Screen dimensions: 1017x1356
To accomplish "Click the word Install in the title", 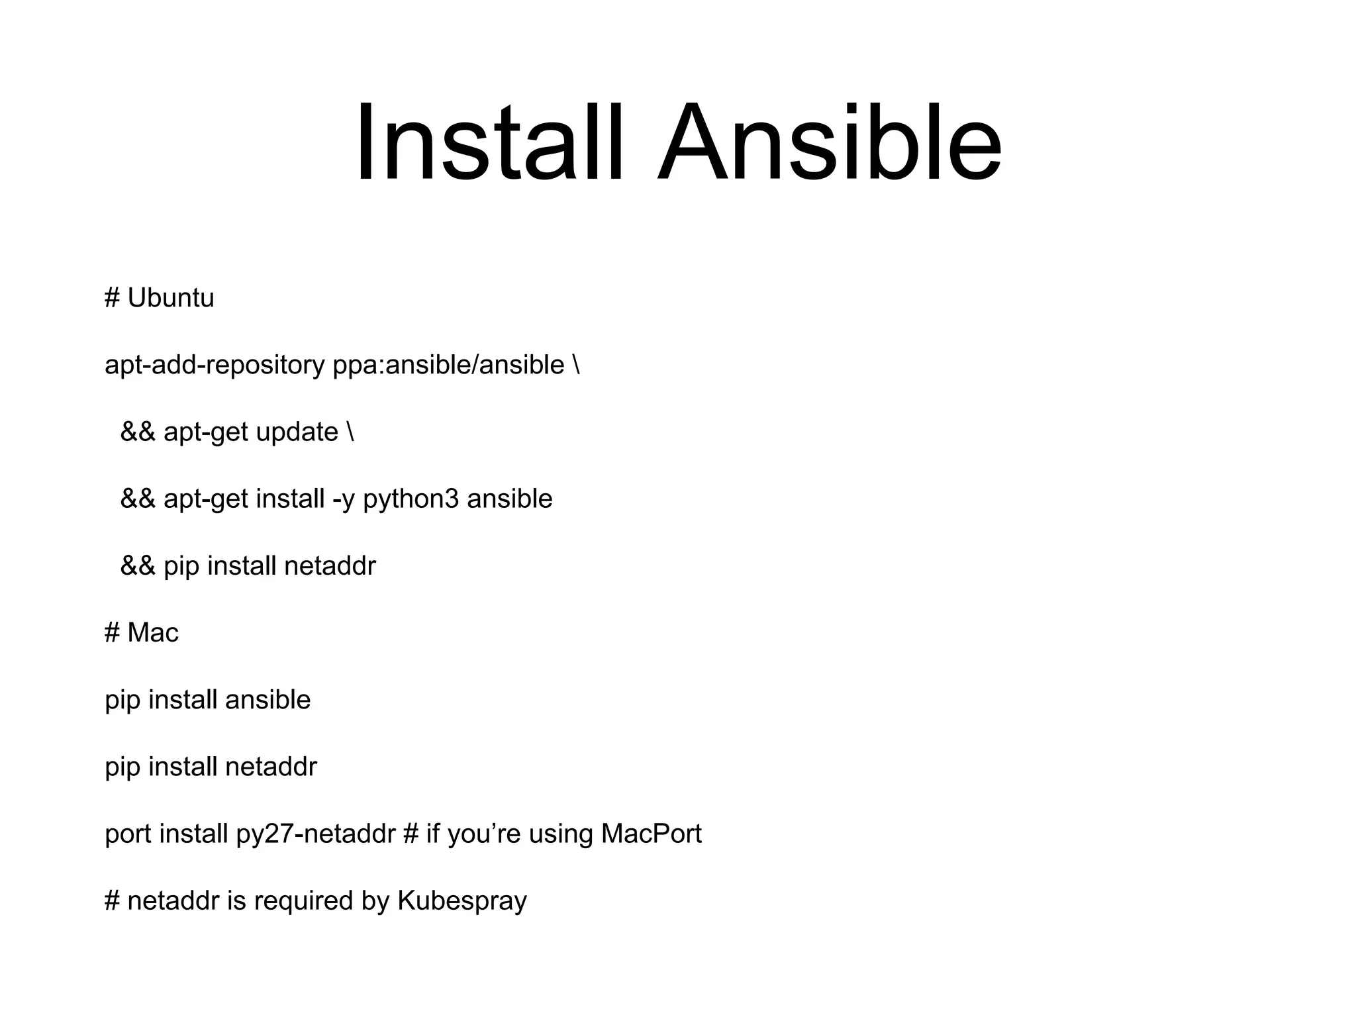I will point(489,142).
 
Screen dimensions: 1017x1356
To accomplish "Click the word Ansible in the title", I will point(829,142).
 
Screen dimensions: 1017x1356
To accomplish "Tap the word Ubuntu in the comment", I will point(171,299).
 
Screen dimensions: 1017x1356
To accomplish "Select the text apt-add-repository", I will point(215,365).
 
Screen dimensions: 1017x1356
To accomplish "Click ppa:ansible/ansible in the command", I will point(448,365).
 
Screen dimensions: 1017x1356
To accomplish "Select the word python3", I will point(411,499).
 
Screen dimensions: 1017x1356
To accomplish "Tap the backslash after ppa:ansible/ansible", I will point(575,365).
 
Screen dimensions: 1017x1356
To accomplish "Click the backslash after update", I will point(350,432).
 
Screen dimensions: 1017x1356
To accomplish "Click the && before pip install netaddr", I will point(138,566).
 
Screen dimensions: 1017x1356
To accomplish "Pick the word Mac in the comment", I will point(153,633).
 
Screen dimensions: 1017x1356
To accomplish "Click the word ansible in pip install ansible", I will point(267,700).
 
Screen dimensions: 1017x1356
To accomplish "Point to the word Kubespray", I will point(462,901).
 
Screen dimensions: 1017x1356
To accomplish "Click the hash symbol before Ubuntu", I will point(112,299).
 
